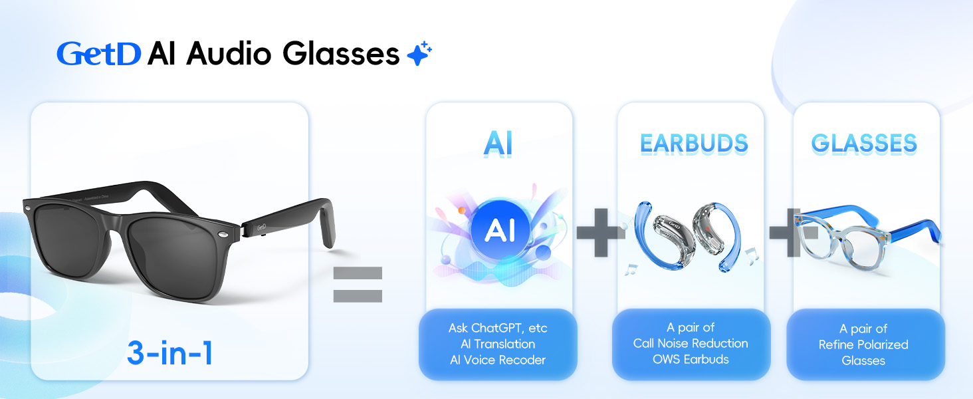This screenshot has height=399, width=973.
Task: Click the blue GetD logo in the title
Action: click(98, 54)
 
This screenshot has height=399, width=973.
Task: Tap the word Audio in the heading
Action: click(229, 53)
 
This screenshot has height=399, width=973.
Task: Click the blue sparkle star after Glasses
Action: click(419, 53)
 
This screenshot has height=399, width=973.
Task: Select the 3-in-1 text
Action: click(170, 352)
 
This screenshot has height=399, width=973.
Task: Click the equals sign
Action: click(358, 284)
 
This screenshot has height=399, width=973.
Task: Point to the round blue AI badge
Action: click(500, 229)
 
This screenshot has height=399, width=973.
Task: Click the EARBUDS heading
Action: click(694, 144)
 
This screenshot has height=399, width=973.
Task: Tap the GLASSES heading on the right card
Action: click(864, 144)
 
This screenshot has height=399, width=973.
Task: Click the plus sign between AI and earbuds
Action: click(601, 233)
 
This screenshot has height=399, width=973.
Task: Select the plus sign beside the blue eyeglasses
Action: click(793, 233)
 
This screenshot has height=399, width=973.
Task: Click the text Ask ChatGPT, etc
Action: click(498, 328)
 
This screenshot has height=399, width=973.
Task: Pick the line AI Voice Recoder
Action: click(498, 360)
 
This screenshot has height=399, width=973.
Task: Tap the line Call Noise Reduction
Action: click(691, 343)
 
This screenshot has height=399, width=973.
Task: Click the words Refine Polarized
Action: click(863, 344)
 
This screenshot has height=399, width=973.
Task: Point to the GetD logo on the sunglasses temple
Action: click(261, 227)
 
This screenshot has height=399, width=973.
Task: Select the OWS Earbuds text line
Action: click(691, 360)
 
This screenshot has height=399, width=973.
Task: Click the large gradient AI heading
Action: click(498, 144)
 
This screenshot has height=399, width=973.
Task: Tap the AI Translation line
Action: click(498, 344)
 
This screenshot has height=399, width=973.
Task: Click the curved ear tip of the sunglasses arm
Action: click(326, 226)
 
